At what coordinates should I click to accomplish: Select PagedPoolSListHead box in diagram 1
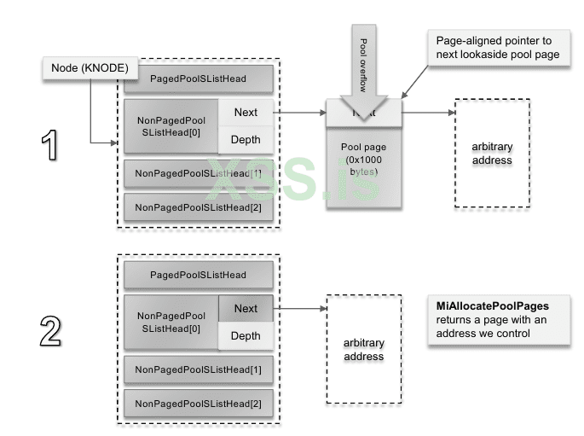tap(199, 79)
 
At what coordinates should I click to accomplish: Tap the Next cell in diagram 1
tap(246, 113)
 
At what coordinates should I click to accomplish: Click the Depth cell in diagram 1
tap(246, 140)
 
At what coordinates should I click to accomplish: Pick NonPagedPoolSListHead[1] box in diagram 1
tap(199, 173)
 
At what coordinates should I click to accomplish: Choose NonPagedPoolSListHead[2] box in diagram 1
tap(199, 206)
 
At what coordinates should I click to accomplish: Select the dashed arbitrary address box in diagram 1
tap(492, 154)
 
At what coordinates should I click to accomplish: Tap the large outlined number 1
tap(49, 145)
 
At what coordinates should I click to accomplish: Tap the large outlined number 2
tap(49, 333)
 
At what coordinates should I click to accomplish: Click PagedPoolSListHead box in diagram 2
tap(199, 275)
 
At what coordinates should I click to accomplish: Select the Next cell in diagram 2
tap(246, 309)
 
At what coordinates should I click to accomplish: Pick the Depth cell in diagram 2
tap(246, 336)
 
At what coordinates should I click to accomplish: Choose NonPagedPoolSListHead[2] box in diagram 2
tap(199, 402)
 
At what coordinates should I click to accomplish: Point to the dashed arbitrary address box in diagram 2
tap(363, 350)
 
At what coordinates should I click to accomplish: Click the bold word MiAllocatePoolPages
tap(488, 305)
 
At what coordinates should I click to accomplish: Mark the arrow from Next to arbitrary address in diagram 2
tap(300, 309)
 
